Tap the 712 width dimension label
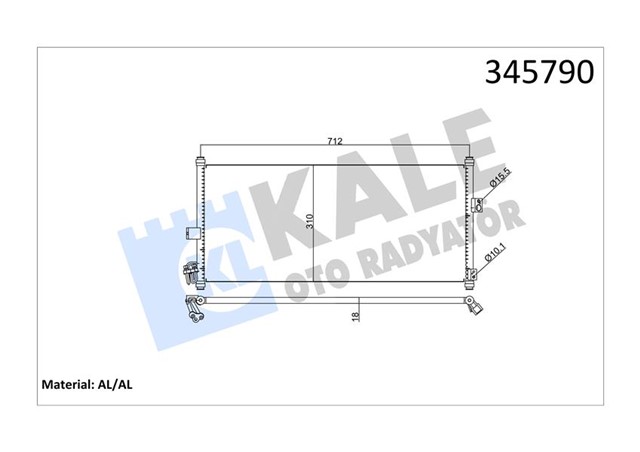click(334, 142)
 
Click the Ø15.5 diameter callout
click(495, 181)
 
